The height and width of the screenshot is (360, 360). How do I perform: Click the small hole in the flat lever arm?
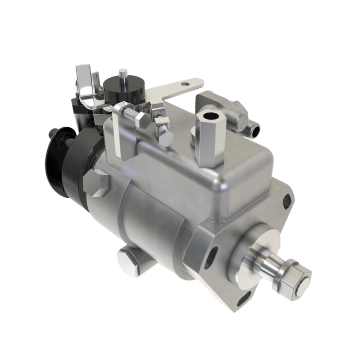click(x=183, y=84)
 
